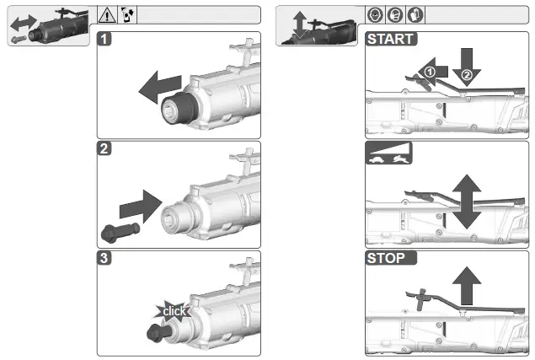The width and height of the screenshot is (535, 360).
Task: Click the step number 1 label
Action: [x=103, y=39]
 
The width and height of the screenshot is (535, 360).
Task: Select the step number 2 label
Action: [x=103, y=149]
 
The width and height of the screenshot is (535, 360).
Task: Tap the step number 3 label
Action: [x=103, y=258]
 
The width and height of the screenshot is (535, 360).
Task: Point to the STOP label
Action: [x=387, y=258]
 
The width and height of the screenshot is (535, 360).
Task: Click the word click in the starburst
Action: [x=174, y=311]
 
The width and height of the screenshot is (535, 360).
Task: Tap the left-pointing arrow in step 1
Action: [x=160, y=84]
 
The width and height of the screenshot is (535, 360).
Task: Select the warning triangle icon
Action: [x=106, y=14]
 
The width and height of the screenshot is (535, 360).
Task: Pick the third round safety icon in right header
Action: [x=415, y=14]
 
